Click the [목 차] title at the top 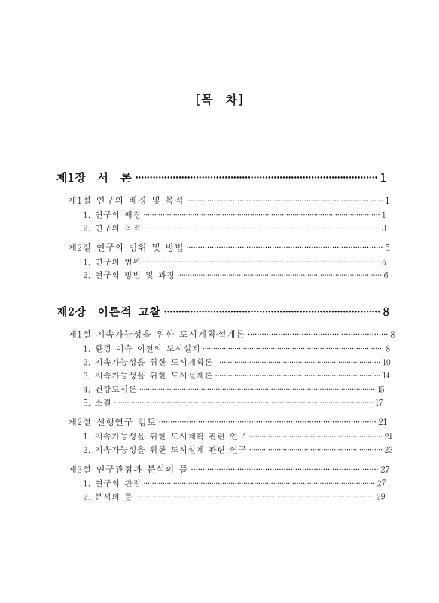[218, 99]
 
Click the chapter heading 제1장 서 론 [94, 178]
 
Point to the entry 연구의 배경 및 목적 [126, 200]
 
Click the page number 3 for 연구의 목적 [383, 228]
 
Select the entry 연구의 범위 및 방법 [126, 247]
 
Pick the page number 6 [386, 275]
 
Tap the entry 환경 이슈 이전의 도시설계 [142, 348]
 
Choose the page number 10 [386, 362]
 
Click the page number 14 [386, 375]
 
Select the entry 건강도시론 [110, 389]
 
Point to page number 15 [380, 389]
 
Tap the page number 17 [379, 403]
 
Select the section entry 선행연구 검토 [111, 422]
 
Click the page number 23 [389, 450]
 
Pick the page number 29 [380, 496]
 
